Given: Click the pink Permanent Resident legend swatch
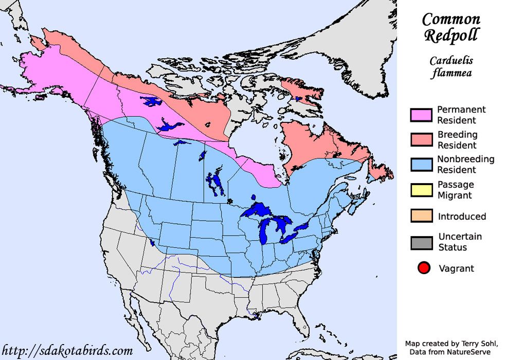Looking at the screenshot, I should coord(421,115).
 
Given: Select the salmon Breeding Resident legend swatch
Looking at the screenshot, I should coord(421,139).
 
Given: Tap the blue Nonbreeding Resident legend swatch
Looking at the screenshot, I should coord(421,164).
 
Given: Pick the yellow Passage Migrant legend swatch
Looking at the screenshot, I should coord(421,190).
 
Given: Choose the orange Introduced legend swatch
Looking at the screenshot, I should coord(421,216).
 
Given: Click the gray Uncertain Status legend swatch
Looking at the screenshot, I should coord(421,242).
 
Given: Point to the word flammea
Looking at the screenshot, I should coord(451,73).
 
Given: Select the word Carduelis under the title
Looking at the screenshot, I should coord(451,61).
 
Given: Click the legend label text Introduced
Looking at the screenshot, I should coord(462,217).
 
